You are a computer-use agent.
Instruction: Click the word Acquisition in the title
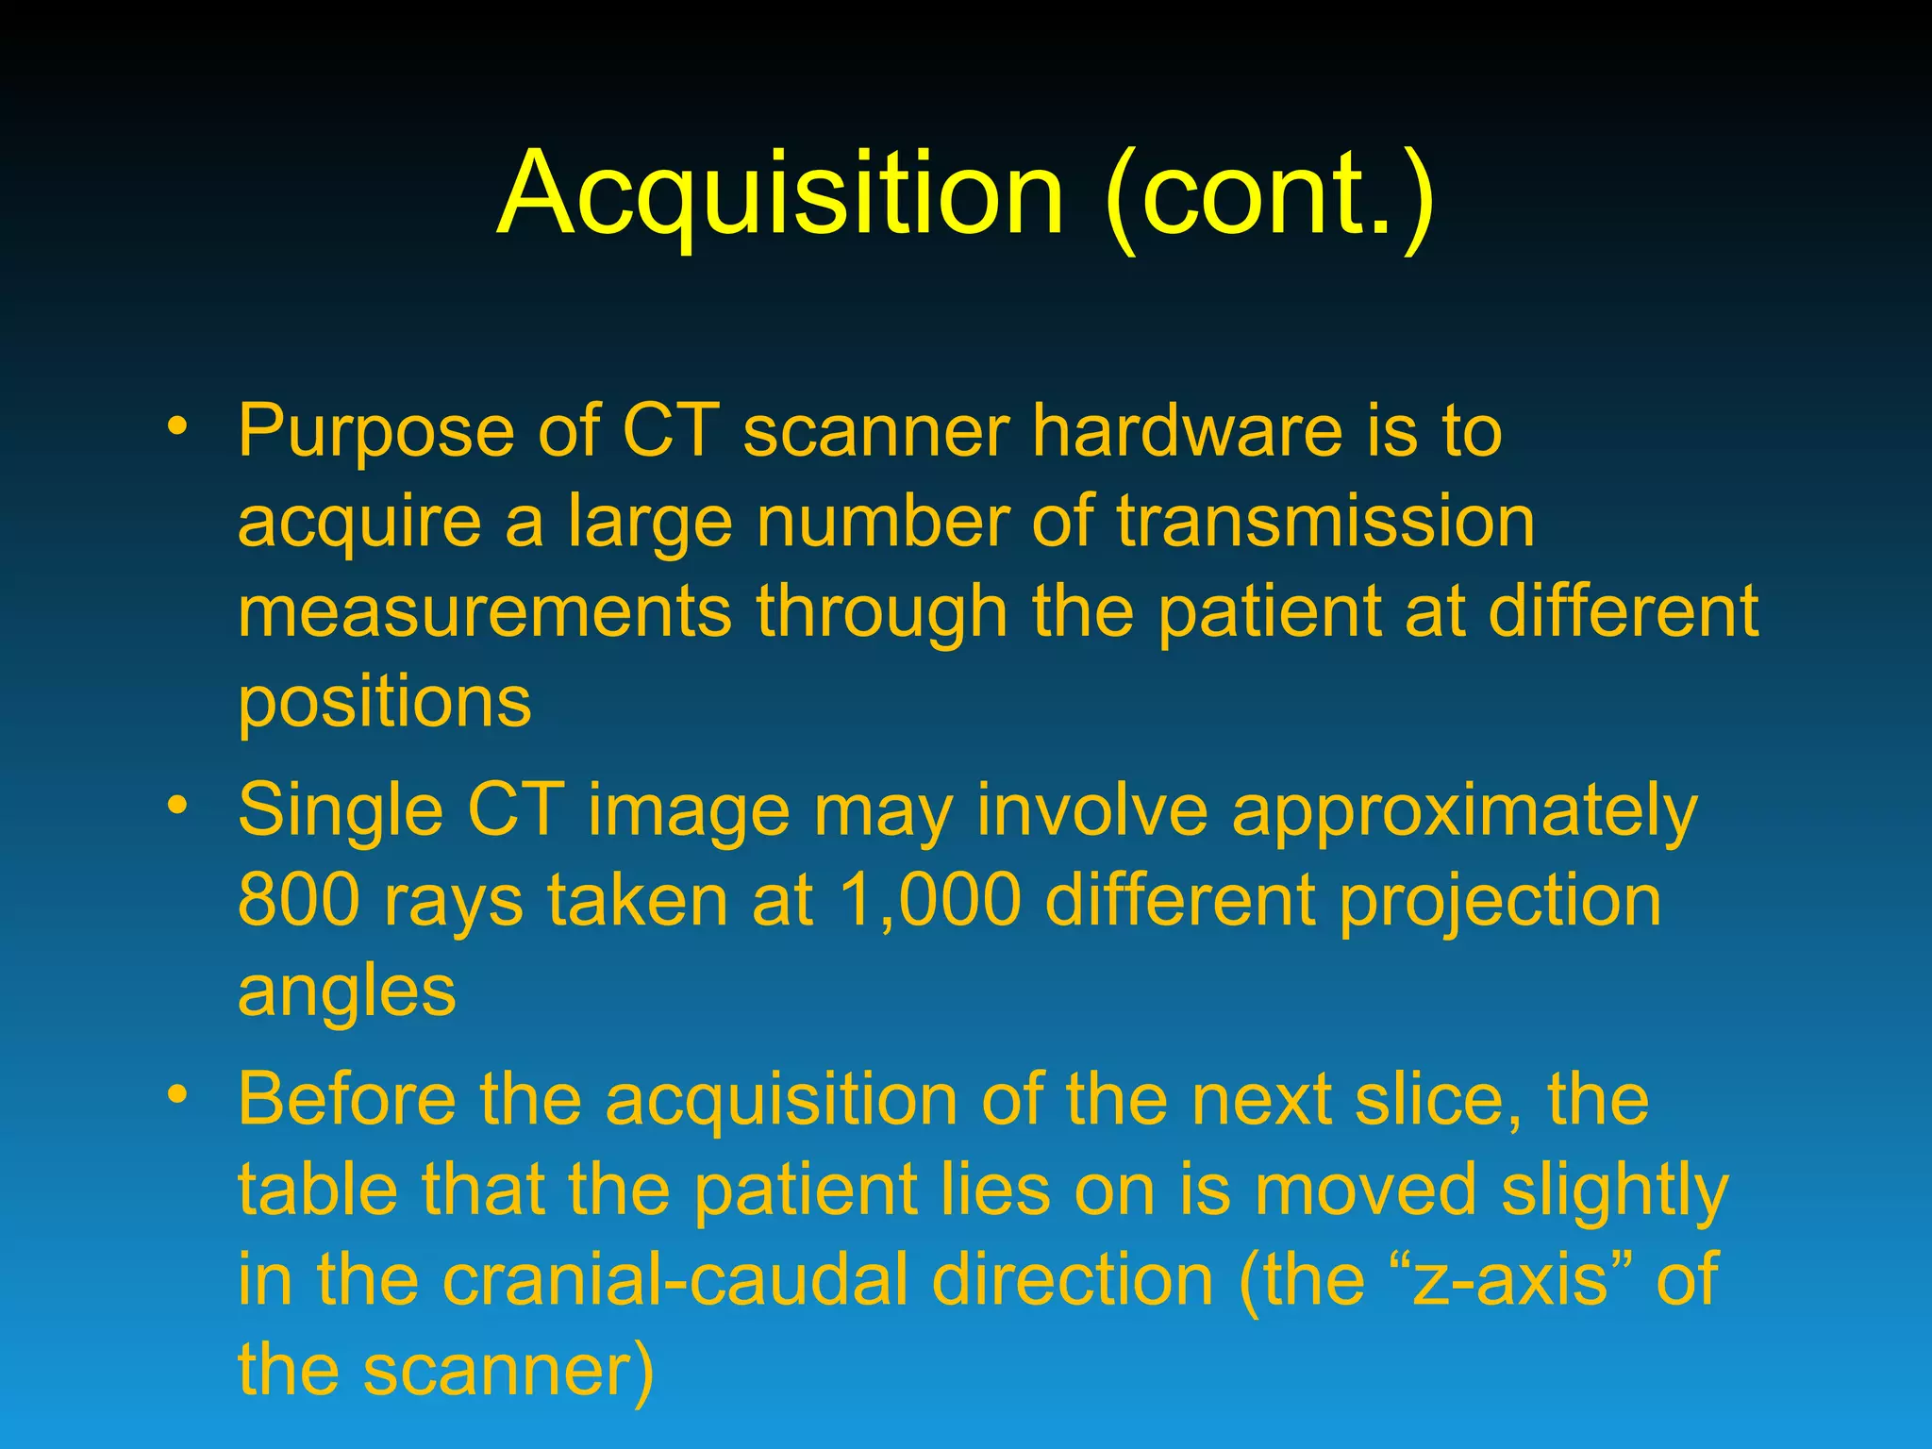pyautogui.click(x=781, y=196)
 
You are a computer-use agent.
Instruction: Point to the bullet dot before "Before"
pyautogui.click(x=175, y=1094)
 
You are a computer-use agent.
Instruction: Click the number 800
pyautogui.click(x=299, y=900)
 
